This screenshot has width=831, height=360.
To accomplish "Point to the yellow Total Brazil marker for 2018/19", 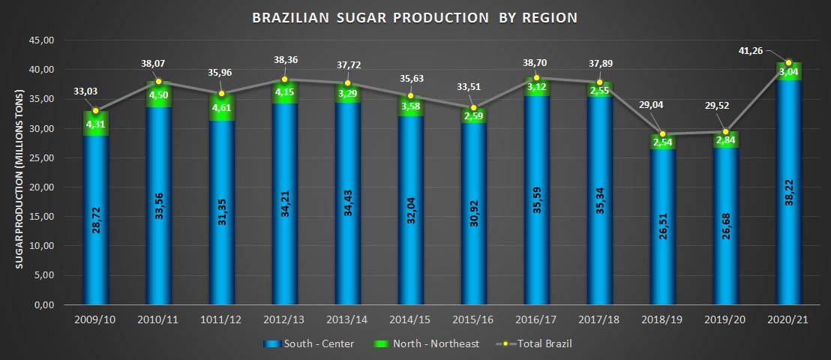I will [x=662, y=134].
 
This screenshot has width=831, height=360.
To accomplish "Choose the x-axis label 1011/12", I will [x=221, y=321].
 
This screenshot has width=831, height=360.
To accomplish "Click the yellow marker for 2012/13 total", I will [x=284, y=79].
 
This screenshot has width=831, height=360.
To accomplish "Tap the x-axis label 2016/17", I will [x=536, y=321].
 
